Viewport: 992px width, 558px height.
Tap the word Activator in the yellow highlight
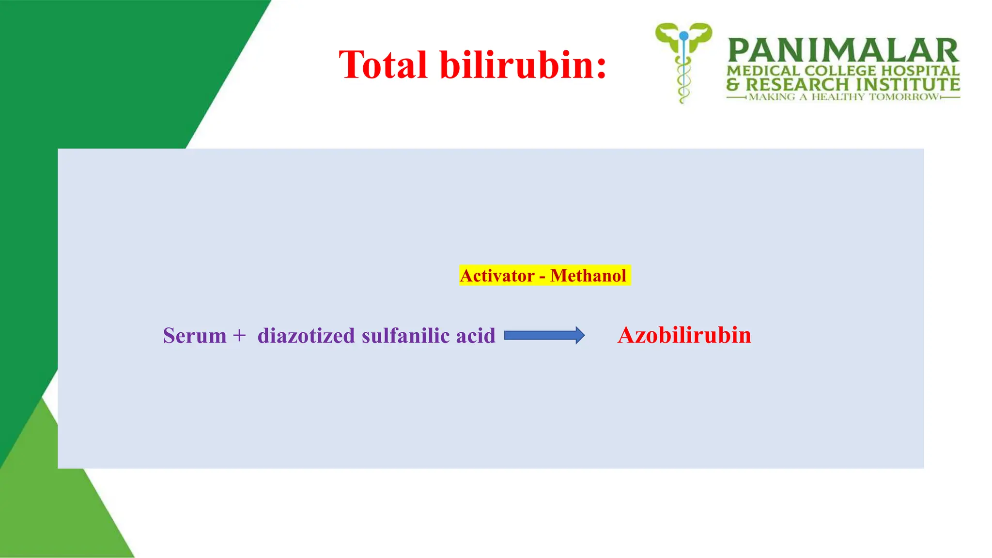497,276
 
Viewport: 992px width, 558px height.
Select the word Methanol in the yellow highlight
588,276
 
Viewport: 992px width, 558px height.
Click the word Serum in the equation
195,336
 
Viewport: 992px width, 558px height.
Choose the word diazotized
306,336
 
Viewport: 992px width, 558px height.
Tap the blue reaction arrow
544,335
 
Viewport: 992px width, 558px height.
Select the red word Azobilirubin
684,335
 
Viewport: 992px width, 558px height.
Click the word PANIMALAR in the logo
843,51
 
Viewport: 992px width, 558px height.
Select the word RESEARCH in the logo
797,84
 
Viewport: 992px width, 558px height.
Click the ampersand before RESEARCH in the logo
733,85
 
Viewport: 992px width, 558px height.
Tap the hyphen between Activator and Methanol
542,277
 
